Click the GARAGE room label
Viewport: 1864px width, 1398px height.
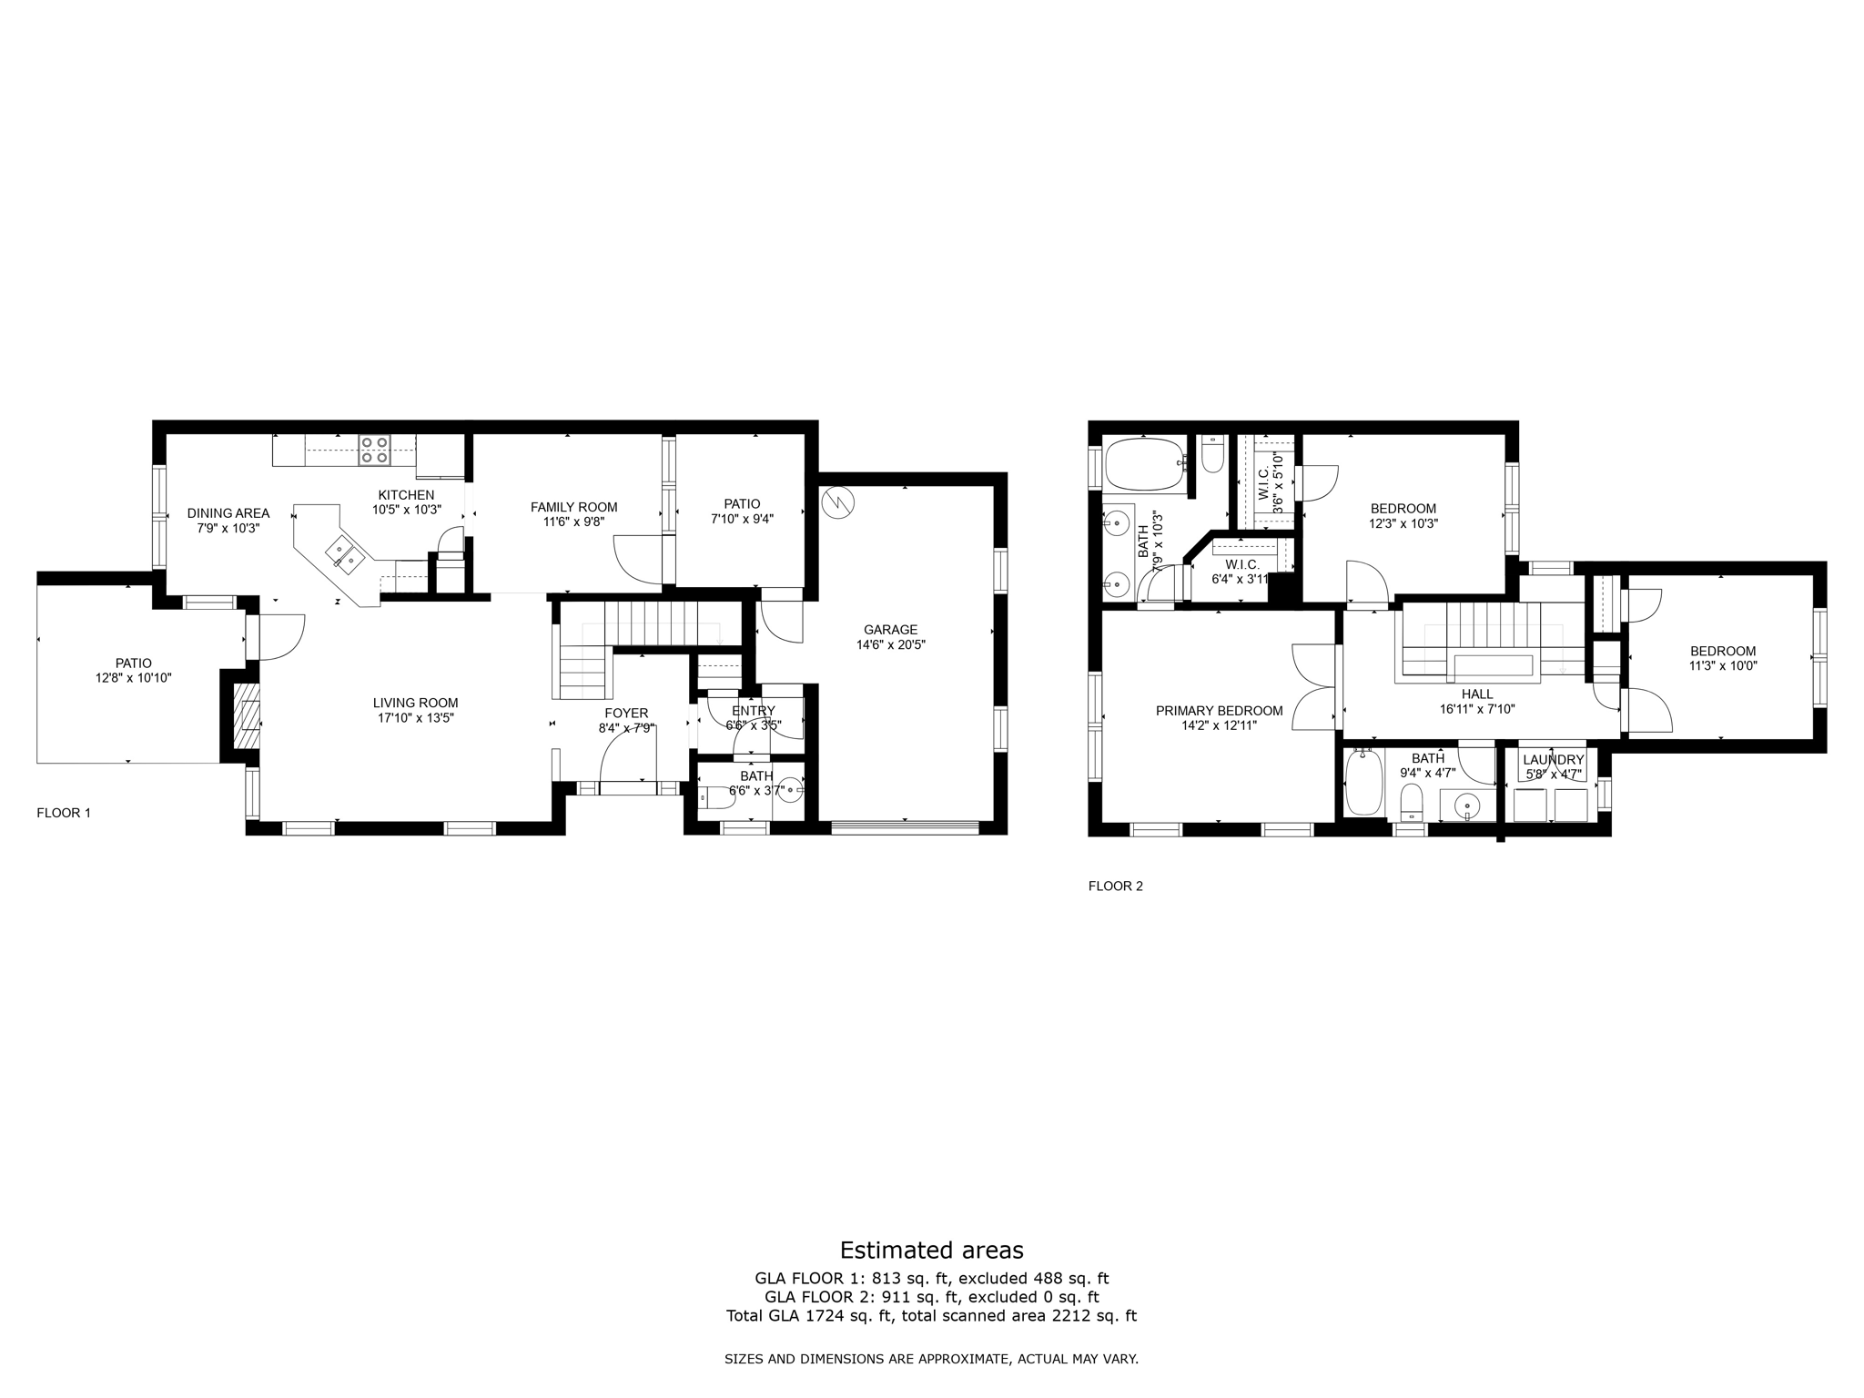pyautogui.click(x=890, y=629)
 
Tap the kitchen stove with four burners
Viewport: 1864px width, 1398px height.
pyautogui.click(x=374, y=450)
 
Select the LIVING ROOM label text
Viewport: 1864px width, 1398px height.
pyautogui.click(x=415, y=703)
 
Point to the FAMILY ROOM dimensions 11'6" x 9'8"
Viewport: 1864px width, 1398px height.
pyautogui.click(x=573, y=522)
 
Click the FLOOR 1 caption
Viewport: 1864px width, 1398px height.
pyautogui.click(x=64, y=813)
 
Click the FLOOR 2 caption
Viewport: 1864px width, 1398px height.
pyautogui.click(x=1115, y=886)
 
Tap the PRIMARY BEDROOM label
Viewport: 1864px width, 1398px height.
pyautogui.click(x=1219, y=711)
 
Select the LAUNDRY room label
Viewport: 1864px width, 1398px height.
pyautogui.click(x=1553, y=760)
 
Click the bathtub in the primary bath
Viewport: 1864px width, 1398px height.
pyautogui.click(x=1143, y=462)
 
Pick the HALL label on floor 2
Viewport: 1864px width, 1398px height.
pyautogui.click(x=1477, y=694)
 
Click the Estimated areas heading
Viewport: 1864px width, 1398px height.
pyautogui.click(x=931, y=1250)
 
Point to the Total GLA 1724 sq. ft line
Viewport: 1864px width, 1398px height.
pyautogui.click(x=931, y=1315)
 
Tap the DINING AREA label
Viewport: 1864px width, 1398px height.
pyautogui.click(x=228, y=513)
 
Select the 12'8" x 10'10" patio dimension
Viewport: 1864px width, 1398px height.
pyautogui.click(x=133, y=678)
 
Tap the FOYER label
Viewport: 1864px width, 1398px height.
pyautogui.click(x=626, y=713)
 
